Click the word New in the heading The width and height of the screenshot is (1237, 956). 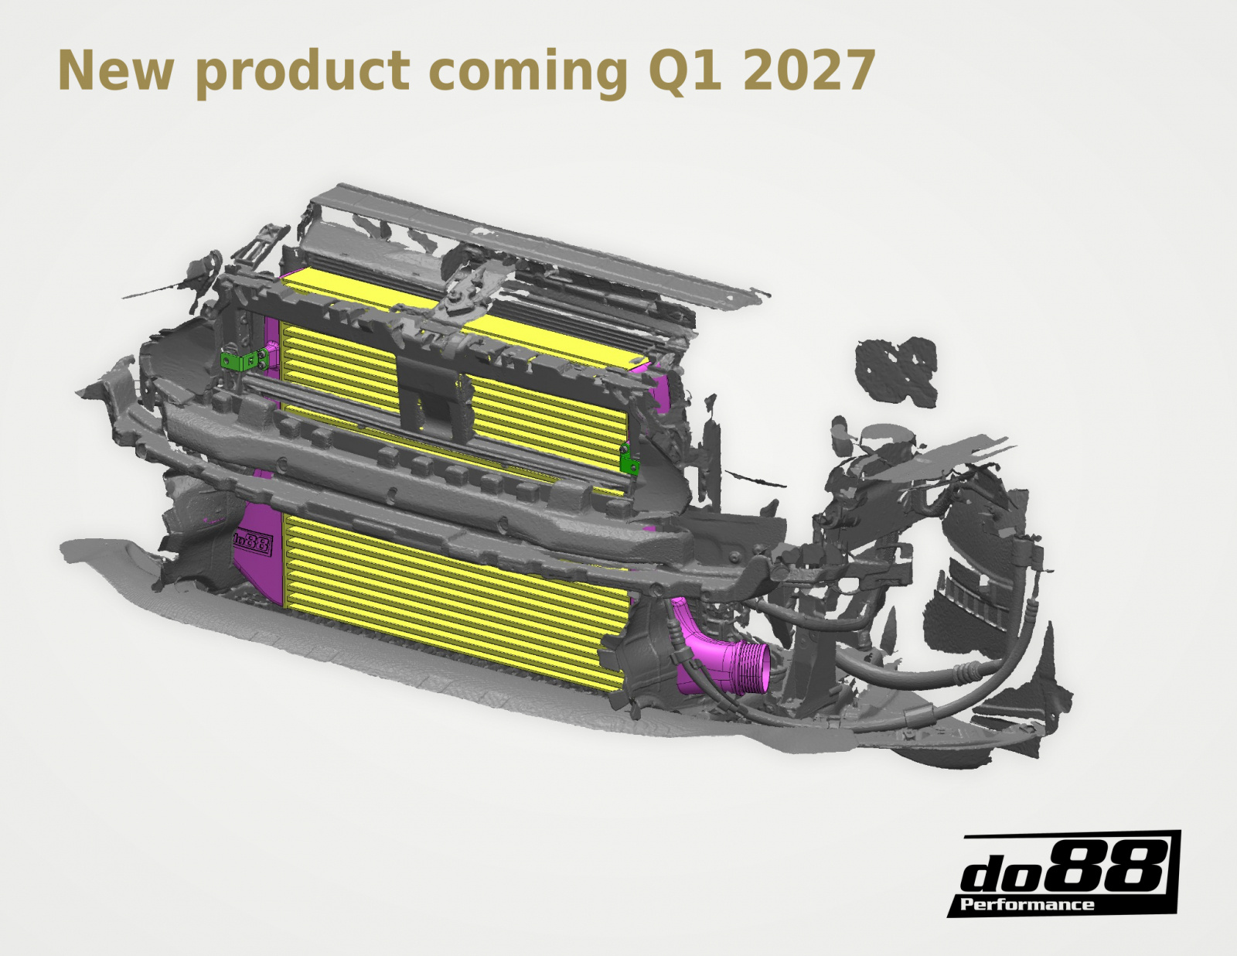coord(115,70)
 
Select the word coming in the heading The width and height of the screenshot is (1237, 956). coord(528,74)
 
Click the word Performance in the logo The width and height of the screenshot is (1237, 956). coord(1027,904)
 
